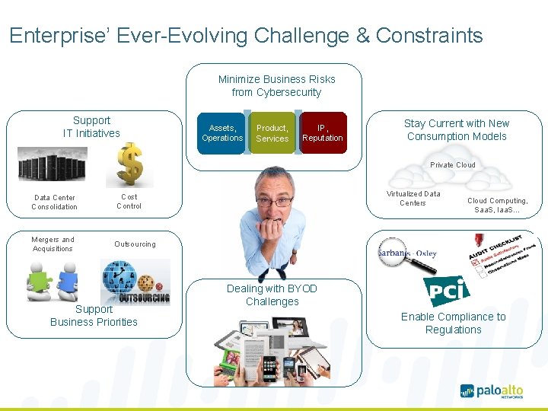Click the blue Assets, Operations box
coord(221,133)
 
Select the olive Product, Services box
coord(272,133)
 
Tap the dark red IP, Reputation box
coord(322,133)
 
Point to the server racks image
coord(53,164)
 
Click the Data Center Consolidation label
coord(54,202)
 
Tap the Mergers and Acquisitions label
coord(53,244)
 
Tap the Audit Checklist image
coord(499,255)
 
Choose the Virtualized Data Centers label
coord(413,198)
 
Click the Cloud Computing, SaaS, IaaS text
coord(497,205)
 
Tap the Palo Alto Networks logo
coord(492,391)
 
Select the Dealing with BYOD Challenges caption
coord(272,295)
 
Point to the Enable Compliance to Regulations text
coord(453,323)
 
